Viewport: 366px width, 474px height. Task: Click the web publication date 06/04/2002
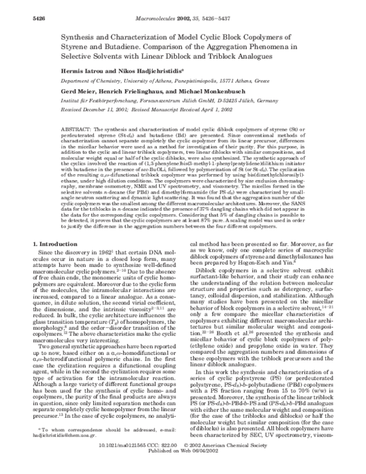click(205, 469)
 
